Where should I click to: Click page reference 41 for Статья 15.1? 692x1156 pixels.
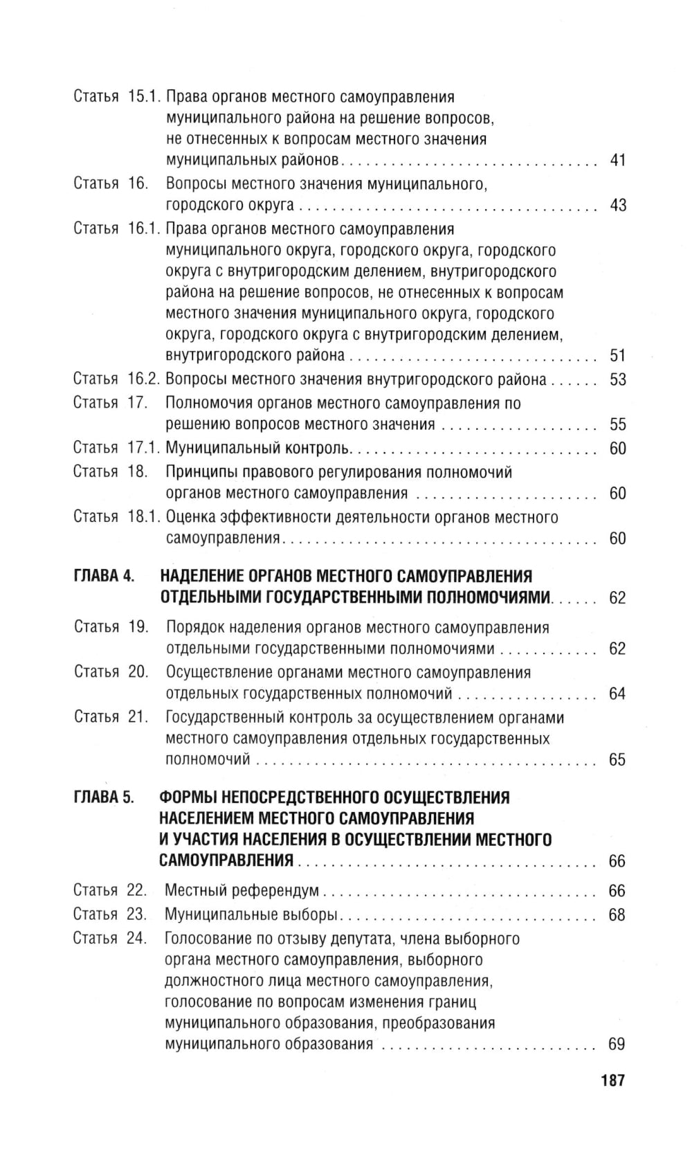click(617, 161)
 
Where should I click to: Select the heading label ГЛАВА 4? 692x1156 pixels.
click(103, 577)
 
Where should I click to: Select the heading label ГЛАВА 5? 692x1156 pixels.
click(103, 797)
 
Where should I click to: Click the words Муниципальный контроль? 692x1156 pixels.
click(258, 449)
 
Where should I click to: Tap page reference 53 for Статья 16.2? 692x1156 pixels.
click(617, 379)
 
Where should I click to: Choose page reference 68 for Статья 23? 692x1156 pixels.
click(617, 914)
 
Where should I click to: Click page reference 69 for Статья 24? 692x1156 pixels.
click(617, 1044)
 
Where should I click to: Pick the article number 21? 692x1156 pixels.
click(138, 717)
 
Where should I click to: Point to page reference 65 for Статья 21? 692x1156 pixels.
click(617, 759)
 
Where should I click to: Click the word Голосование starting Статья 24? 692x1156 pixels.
click(209, 939)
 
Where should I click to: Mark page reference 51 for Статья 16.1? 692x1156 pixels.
click(617, 356)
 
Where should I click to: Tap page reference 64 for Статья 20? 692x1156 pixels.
click(617, 694)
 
